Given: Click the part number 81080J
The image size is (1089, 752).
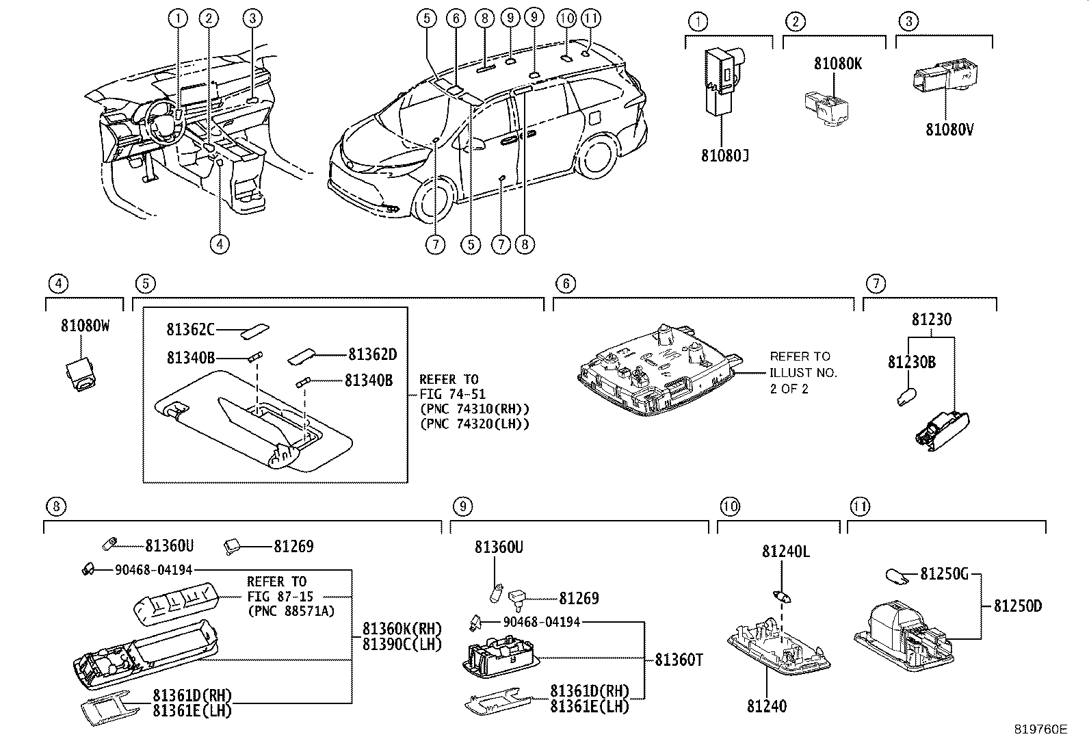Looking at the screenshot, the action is coord(724,155).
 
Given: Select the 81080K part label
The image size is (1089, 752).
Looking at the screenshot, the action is coord(838,64).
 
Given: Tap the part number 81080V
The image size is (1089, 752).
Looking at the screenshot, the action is coord(949,130).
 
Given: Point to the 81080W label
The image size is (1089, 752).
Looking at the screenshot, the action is coord(85,326).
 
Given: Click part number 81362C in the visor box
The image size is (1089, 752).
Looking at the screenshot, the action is coord(191,329).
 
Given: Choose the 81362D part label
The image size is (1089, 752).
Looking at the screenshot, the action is coord(372,354).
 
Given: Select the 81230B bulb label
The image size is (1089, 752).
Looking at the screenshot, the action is coord(912,363).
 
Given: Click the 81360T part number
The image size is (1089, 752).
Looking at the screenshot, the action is coord(679,660).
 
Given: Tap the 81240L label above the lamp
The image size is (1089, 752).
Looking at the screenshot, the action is coord(786,552).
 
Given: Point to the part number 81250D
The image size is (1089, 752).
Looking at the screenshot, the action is coord(1018,606).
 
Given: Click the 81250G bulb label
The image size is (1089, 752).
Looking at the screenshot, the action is coord(944,575).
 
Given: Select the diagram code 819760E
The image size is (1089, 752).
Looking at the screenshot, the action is coord(1040,729).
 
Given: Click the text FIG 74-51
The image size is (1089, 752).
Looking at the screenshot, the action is coord(453,394).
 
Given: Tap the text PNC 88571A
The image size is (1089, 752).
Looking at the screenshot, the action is coord(291,611).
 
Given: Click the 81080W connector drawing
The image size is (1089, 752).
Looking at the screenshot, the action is coord(81,375).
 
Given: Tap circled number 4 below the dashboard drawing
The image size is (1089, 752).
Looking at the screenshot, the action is coord(220,244).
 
